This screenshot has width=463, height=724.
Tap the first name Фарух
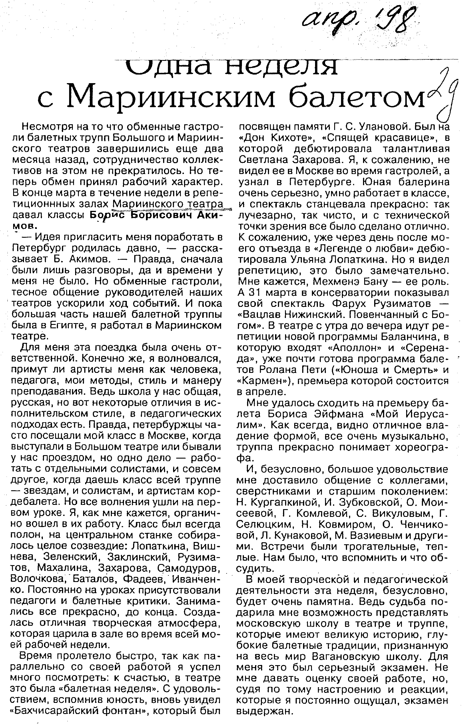(343, 303)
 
